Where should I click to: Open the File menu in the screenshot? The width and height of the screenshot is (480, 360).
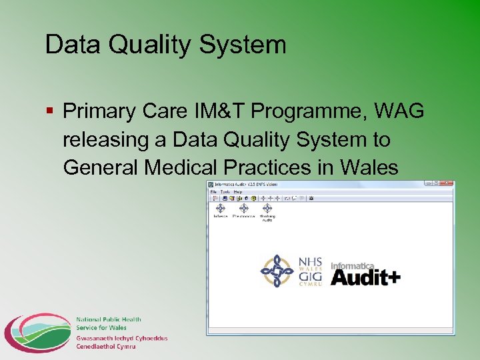point(214,191)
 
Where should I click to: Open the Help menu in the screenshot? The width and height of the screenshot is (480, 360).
point(237,191)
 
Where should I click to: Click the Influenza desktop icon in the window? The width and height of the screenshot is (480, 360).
point(220,210)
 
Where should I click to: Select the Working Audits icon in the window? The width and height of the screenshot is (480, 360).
point(268,211)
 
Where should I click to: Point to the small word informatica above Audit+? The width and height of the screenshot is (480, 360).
point(353,265)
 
